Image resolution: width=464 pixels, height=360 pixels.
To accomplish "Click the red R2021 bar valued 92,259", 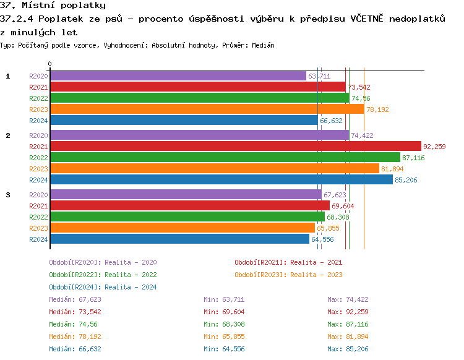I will pos(235,147).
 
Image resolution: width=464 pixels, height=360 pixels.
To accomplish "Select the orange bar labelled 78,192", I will pos(207,109).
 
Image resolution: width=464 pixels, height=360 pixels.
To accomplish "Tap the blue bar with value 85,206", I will pos(221,180).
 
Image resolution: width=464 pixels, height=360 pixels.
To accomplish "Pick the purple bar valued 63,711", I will pos(178,76).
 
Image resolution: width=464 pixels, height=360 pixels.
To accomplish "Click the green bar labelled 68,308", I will pos(187,217).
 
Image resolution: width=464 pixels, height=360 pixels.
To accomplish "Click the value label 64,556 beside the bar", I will pos(322,239).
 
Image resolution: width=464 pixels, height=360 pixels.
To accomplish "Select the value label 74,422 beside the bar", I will pos(362,135).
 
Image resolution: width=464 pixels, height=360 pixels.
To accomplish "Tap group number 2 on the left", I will pos(8,135).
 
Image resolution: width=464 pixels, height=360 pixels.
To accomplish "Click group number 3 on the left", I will pos(8,195).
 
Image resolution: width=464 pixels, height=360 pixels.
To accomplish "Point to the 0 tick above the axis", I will pos(50,64).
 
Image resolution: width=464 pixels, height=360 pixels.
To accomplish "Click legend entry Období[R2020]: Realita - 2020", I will pos(103,262).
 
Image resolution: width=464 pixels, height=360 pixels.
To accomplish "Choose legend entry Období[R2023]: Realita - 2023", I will pos(288,275).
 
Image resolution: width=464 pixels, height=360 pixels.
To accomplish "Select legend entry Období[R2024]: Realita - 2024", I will pos(103,287).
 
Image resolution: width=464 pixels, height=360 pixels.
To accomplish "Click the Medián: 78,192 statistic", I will pos(75,336).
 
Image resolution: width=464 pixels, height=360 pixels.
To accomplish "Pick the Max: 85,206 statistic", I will pos(348,349).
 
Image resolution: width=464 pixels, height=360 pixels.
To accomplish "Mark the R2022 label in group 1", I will pos(38,98).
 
